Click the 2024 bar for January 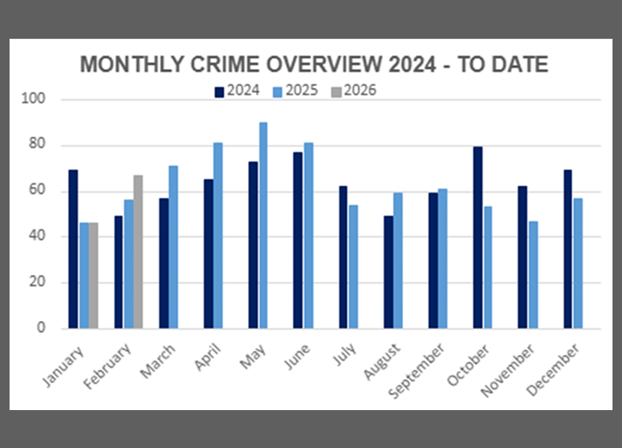(73, 249)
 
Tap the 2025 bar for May (263, 225)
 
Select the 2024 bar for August (388, 271)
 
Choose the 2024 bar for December (568, 249)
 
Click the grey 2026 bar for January (93, 275)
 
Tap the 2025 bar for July (352, 266)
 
